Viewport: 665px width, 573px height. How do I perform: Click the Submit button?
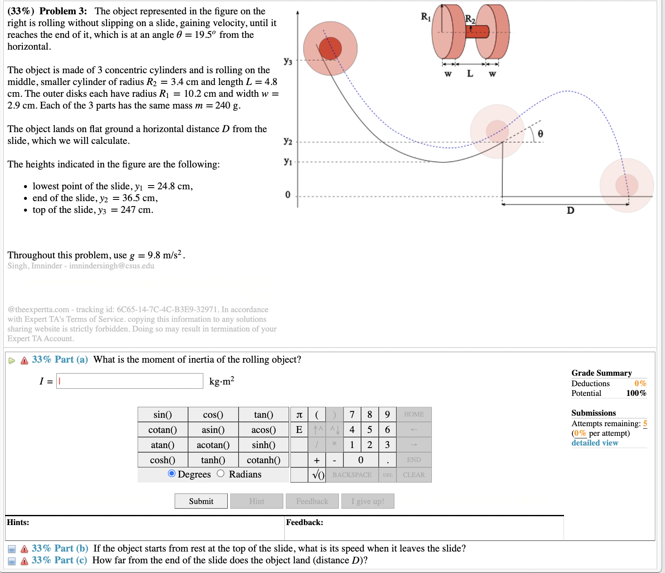201,501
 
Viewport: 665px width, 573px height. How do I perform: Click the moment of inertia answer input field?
130,381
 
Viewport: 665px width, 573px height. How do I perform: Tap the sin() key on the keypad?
162,414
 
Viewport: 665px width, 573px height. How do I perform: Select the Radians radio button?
221,474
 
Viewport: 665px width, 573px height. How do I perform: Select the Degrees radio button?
172,474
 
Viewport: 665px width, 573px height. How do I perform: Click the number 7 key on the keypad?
352,414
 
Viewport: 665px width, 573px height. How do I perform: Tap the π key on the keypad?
299,414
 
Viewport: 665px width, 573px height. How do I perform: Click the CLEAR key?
413,475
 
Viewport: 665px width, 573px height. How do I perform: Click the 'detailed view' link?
594,443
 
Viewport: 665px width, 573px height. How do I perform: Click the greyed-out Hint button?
256,501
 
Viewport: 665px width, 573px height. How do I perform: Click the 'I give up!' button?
367,501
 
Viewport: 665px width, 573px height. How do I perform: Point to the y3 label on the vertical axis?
288,61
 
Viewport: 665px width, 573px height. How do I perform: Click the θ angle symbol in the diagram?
540,133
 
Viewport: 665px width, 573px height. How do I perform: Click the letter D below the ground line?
570,210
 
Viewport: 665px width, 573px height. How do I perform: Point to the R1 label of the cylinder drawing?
426,17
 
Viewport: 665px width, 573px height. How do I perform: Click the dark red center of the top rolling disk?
330,48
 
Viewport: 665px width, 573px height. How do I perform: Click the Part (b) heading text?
60,548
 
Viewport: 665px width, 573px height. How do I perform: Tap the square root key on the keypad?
318,475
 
